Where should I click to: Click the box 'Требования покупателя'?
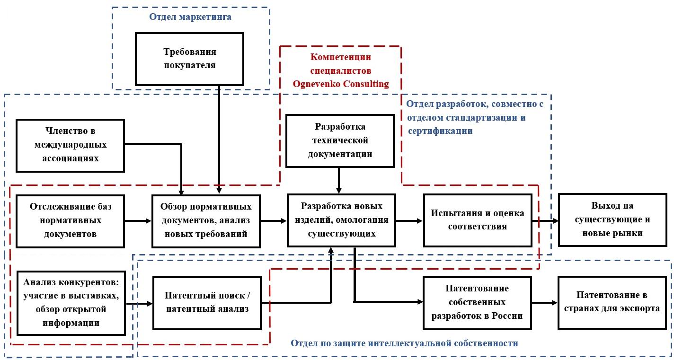click(189, 58)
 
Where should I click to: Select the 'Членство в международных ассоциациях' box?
click(70, 145)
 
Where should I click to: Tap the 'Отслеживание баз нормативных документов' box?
click(70, 220)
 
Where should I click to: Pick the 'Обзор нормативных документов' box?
click(206, 220)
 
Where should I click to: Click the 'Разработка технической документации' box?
click(340, 140)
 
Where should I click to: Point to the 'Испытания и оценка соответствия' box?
click(477, 220)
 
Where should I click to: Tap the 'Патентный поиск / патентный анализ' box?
click(207, 303)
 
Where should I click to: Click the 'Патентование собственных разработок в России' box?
click(477, 302)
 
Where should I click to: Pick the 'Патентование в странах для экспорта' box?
click(612, 302)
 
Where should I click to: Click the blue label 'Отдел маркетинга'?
click(190, 18)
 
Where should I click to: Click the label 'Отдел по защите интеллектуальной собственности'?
click(404, 343)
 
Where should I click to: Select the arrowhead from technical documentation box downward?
click(339, 190)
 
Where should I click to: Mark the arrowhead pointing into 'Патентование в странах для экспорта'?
click(554, 303)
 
